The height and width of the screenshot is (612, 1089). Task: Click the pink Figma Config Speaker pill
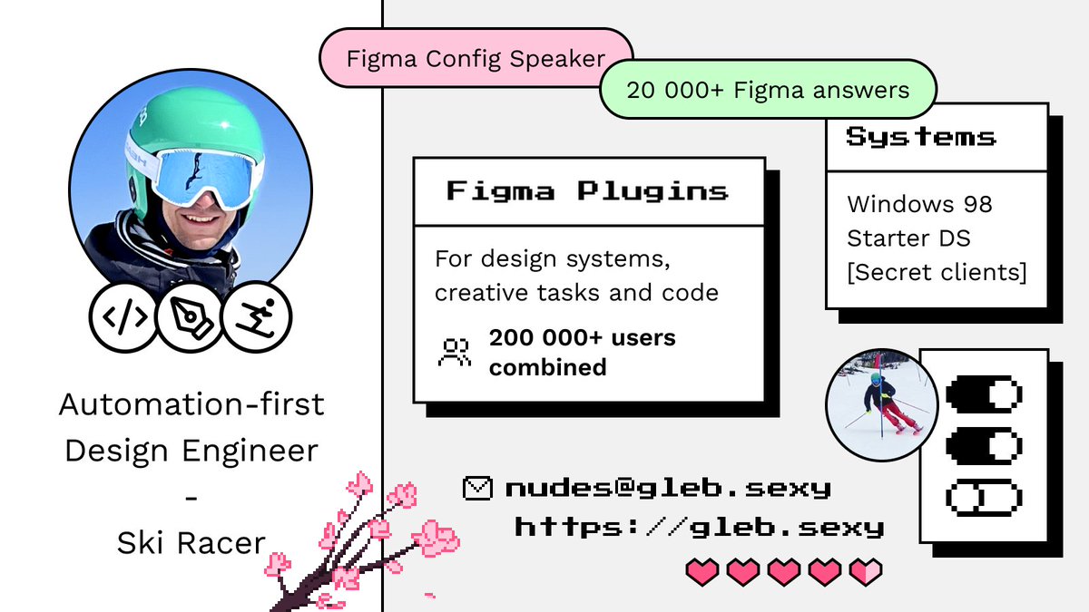tap(476, 59)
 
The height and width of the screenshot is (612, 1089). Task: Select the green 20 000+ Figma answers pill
tap(767, 90)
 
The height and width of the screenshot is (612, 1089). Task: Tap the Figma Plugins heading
tap(588, 191)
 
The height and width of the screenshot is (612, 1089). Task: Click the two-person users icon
tap(454, 352)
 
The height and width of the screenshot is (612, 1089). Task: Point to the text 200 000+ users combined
tap(582, 353)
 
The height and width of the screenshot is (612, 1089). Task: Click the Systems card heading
tap(921, 137)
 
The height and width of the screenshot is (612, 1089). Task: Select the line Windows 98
tap(919, 204)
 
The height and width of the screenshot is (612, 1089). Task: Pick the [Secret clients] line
tap(937, 272)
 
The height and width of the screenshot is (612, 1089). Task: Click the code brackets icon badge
tap(123, 316)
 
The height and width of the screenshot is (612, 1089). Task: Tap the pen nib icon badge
tap(190, 316)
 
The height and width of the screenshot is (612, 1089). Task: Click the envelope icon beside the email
tap(476, 488)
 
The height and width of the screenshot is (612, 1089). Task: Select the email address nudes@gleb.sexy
tap(668, 488)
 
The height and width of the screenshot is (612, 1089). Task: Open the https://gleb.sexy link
tap(699, 527)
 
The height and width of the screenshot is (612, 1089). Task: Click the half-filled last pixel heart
tap(866, 571)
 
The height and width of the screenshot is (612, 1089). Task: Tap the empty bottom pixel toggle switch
tap(984, 497)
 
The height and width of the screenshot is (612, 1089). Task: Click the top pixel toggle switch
tap(984, 395)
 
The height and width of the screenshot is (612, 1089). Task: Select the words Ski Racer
tap(191, 542)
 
